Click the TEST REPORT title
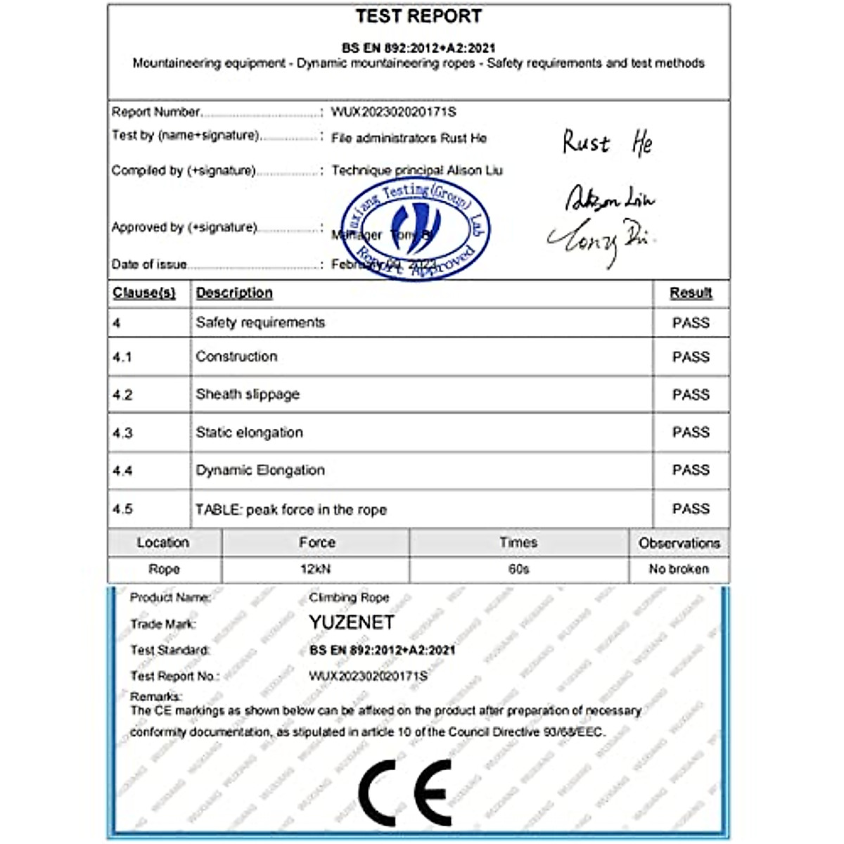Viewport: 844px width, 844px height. (418, 16)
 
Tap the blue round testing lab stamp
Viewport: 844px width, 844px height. (416, 229)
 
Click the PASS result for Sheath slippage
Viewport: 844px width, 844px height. (691, 395)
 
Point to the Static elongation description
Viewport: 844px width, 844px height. (249, 433)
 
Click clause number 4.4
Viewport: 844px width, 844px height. (122, 471)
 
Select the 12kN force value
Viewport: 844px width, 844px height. (315, 569)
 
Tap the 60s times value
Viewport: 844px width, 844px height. (518, 569)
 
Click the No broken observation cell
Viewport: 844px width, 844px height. (679, 569)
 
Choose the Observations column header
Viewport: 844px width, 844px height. (679, 543)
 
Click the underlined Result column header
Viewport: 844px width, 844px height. (691, 293)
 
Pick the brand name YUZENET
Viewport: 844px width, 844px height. (352, 622)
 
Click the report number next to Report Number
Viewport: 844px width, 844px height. (393, 112)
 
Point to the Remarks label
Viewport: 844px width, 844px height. (155, 696)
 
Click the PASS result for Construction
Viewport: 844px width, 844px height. (691, 357)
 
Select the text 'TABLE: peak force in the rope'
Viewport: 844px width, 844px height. (291, 509)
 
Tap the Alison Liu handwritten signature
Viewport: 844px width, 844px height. (609, 199)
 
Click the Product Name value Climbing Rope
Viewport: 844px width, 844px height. (349, 597)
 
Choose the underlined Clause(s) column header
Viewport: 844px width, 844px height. (143, 293)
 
